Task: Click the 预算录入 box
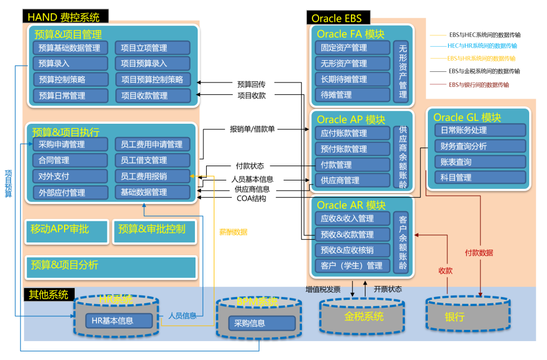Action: [x=70, y=64]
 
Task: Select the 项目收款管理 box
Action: [x=153, y=95]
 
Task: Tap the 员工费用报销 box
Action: [x=152, y=176]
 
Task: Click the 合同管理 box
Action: [x=70, y=160]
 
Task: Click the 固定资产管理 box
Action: [x=352, y=48]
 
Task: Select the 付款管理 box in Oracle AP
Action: [x=352, y=165]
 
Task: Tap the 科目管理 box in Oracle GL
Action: [x=480, y=178]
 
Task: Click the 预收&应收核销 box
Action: [x=352, y=250]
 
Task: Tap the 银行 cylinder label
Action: [x=455, y=317]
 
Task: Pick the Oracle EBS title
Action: [x=337, y=18]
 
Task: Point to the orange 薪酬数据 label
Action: [x=233, y=232]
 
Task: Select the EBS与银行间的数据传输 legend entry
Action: [x=478, y=85]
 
